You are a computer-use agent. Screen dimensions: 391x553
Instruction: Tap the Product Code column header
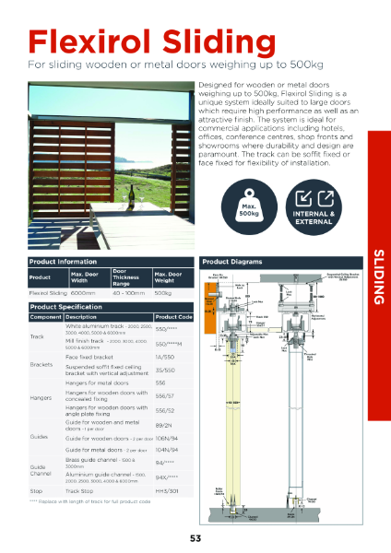173,315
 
